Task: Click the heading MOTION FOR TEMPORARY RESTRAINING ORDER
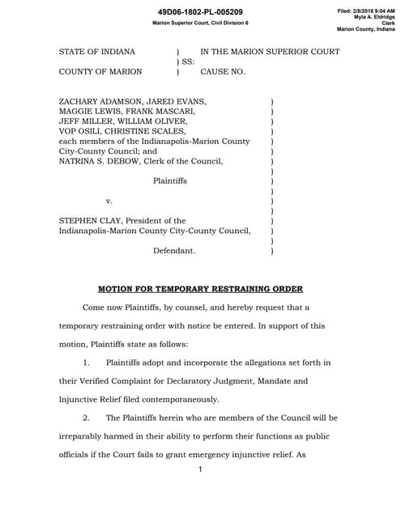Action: point(200,288)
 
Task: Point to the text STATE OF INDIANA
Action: point(97,52)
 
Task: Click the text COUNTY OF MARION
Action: point(100,71)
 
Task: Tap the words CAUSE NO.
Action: point(223,71)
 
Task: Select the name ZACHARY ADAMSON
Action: point(96,101)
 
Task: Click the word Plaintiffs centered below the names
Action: point(169,180)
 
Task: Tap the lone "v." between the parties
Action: point(109,201)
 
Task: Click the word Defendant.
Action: point(173,251)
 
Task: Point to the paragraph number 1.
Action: point(88,363)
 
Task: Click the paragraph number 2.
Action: point(88,418)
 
